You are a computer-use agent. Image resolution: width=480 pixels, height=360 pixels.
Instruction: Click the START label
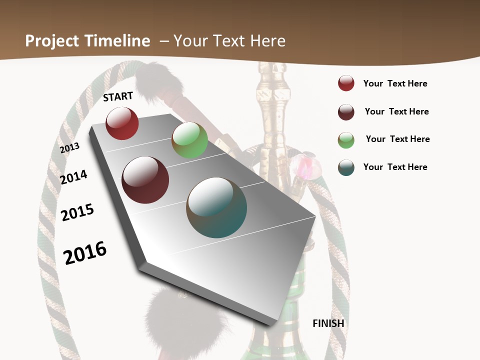pos(118,96)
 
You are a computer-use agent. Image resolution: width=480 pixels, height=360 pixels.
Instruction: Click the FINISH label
pos(328,323)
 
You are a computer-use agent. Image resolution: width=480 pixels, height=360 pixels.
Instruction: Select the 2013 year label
pos(69,148)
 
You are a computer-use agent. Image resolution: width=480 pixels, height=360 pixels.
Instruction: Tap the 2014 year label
pos(73,177)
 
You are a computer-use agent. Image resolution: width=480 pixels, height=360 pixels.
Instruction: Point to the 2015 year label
pos(77,212)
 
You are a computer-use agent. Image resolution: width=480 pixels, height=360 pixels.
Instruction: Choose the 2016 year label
pos(85,252)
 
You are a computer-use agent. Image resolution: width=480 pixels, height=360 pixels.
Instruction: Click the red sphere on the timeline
pos(122,123)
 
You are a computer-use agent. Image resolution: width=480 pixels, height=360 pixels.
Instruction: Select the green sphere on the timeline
pos(189,140)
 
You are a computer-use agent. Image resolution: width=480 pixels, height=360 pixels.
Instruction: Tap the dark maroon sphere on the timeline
pos(145,180)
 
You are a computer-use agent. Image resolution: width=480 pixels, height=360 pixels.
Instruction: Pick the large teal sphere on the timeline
pos(216,207)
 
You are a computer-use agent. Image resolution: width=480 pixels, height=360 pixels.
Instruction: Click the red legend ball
pos(346,83)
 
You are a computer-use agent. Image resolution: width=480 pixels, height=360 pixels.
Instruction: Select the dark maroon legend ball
pos(346,112)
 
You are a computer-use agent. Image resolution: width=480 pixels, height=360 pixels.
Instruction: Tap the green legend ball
pos(346,140)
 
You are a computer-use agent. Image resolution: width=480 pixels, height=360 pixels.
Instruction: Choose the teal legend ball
pos(346,167)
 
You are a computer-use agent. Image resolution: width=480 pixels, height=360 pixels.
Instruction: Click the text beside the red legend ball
pos(395,83)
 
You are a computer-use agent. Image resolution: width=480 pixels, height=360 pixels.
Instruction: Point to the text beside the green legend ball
pos(397,139)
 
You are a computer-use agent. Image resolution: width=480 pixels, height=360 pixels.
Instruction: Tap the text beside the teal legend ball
pos(395,167)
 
